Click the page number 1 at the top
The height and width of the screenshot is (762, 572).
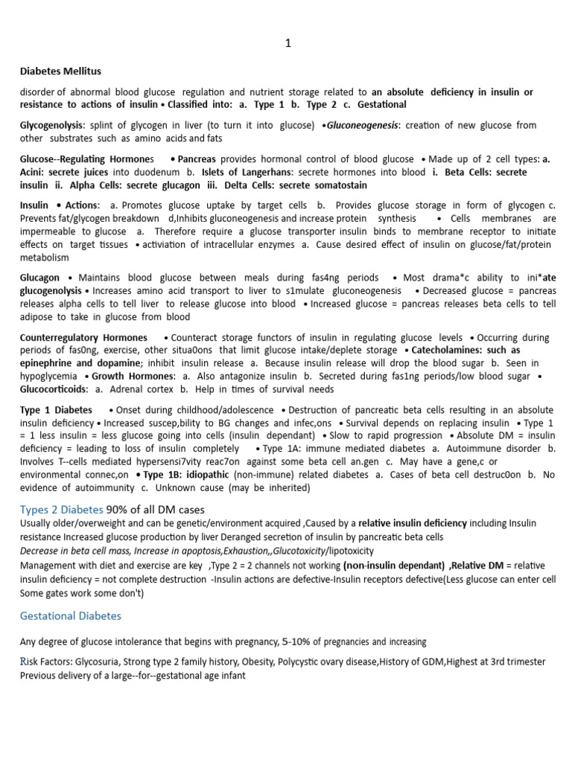(288, 44)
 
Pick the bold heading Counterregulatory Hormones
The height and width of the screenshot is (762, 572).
(83, 337)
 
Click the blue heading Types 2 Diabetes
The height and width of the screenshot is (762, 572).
(61, 509)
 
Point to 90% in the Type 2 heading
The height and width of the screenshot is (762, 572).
(118, 509)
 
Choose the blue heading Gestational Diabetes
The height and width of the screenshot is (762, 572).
(70, 616)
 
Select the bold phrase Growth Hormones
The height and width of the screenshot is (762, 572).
(133, 376)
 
